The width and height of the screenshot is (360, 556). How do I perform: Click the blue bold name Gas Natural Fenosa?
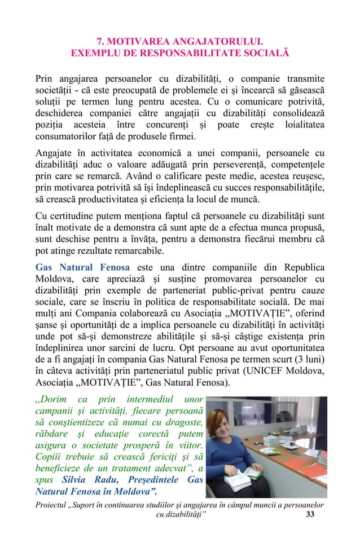coord(82,267)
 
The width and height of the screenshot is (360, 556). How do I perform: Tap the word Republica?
coord(301,267)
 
